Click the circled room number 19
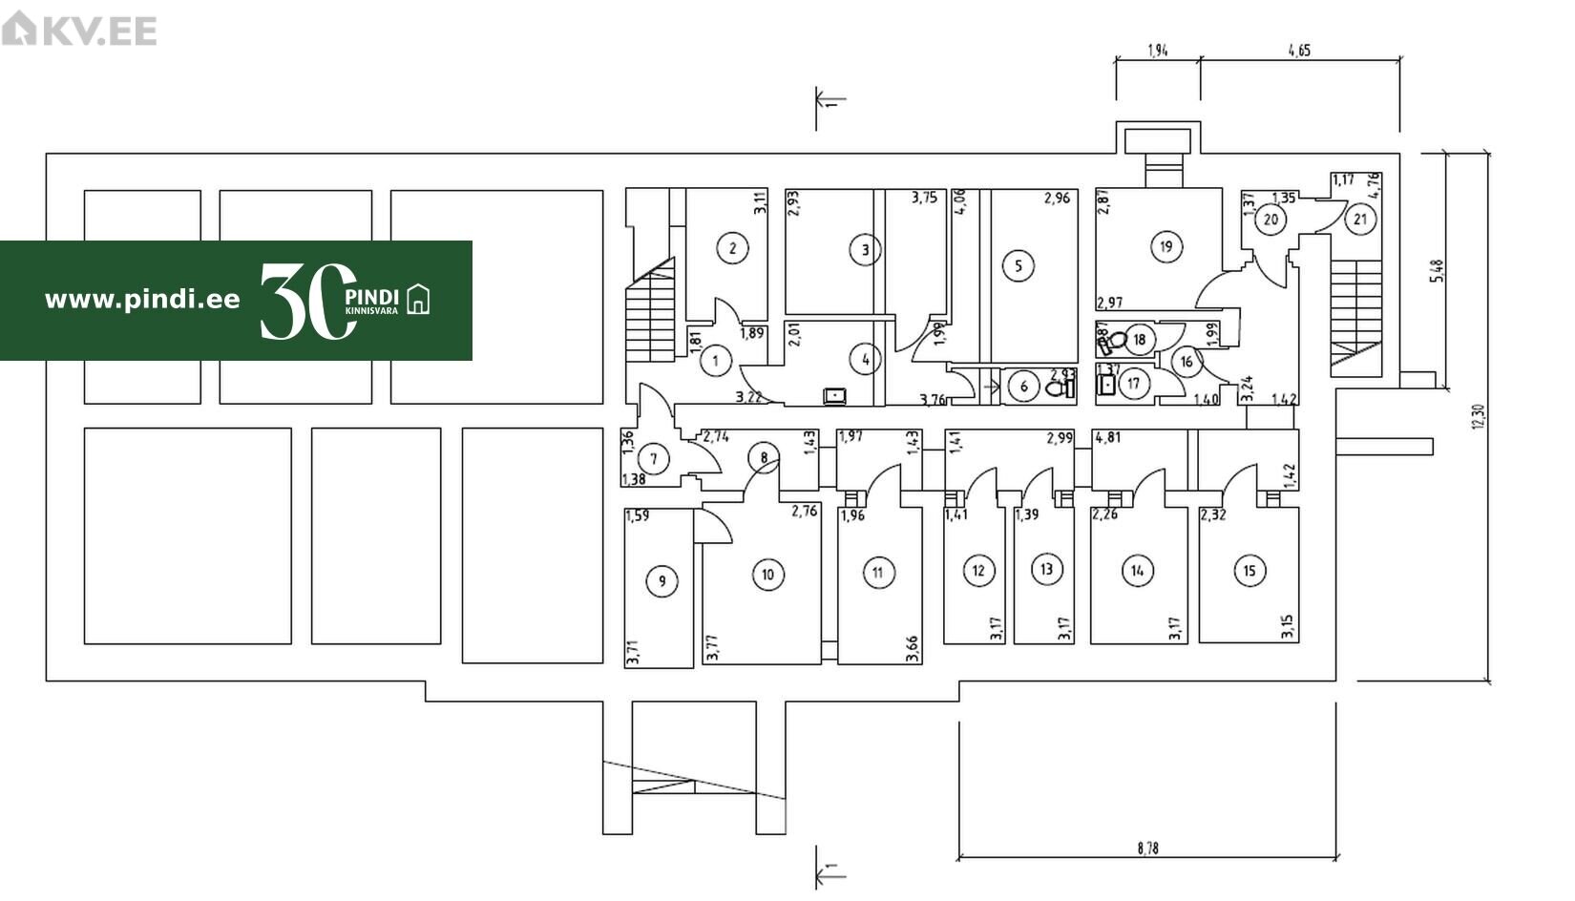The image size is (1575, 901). point(1165,246)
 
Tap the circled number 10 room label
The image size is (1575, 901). point(767,574)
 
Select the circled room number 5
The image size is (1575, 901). point(1018,265)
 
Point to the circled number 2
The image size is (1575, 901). point(732,249)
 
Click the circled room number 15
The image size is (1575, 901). point(1249,571)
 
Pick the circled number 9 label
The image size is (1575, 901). point(661,580)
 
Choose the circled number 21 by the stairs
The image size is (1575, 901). point(1360,220)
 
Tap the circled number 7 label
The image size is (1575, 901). point(654,459)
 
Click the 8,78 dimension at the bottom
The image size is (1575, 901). point(1147,848)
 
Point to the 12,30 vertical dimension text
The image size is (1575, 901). point(1479,416)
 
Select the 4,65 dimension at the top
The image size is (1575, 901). point(1299,51)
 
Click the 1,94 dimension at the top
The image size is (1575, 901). point(1158,51)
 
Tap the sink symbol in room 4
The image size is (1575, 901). point(835,394)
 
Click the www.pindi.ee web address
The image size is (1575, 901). point(142,300)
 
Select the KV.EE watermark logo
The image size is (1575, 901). point(79,30)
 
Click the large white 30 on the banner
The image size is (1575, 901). point(305,301)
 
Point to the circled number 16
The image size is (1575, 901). point(1186,362)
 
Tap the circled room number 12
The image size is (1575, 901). point(978,571)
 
